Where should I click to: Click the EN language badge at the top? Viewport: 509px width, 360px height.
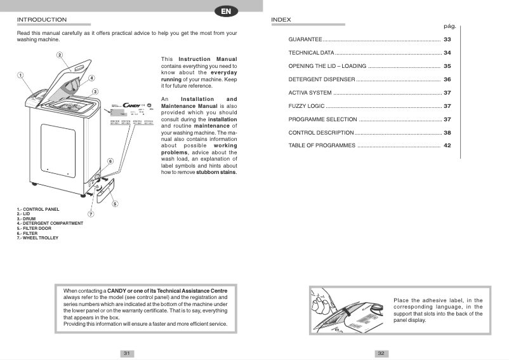click(226, 11)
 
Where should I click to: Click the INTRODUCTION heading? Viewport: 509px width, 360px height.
click(42, 20)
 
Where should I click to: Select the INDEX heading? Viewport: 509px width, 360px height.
click(281, 20)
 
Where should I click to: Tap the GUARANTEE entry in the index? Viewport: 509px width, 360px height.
click(305, 39)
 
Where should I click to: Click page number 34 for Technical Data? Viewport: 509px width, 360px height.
click(447, 53)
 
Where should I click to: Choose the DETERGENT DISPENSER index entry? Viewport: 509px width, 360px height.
click(322, 79)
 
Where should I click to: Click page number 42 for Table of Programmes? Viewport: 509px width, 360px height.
click(447, 146)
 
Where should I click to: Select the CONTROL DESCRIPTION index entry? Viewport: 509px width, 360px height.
click(321, 133)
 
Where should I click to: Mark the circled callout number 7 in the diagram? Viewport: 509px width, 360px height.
click(91, 214)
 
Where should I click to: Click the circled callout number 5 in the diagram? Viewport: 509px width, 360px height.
click(114, 204)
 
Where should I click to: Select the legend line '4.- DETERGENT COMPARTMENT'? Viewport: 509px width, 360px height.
click(50, 223)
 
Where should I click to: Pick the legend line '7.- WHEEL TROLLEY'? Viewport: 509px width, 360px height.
click(37, 238)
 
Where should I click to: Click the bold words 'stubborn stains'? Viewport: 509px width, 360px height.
click(216, 172)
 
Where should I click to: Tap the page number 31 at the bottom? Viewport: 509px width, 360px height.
click(127, 354)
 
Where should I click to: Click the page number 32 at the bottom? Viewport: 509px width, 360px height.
click(381, 354)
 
